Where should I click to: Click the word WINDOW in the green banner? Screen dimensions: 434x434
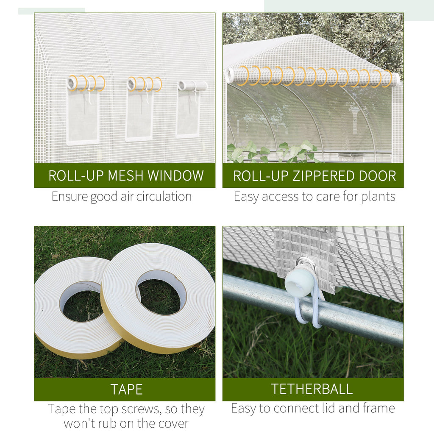coord(175,175)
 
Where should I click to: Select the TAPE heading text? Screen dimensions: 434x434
coord(126,389)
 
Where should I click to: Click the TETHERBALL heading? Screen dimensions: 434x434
coord(312,389)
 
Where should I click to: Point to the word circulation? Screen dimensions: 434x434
coord(164,197)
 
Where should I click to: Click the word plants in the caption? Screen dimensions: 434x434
coord(378,197)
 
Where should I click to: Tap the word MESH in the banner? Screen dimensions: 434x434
coord(125,175)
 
